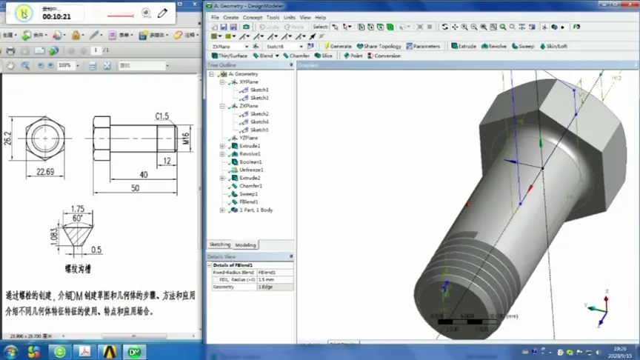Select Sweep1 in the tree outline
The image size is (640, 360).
point(249,194)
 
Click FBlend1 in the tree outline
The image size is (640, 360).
point(248,202)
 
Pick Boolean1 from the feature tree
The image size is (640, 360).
point(250,162)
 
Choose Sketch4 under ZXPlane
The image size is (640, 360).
point(259,122)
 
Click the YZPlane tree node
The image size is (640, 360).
point(248,139)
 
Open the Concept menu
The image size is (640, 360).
point(253,17)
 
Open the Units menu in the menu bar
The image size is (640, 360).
point(289,17)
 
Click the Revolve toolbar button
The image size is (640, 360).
point(494,46)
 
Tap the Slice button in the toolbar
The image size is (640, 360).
point(324,56)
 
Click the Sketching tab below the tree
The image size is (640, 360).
point(220,245)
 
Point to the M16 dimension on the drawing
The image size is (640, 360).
point(186,138)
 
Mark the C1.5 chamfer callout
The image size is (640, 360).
point(162,116)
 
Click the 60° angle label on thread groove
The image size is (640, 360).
point(78,219)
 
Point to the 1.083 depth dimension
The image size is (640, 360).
point(53,235)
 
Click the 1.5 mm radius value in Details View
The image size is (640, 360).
point(274,280)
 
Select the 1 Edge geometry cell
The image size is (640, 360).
point(274,287)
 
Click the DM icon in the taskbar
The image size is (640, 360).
point(135,351)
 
